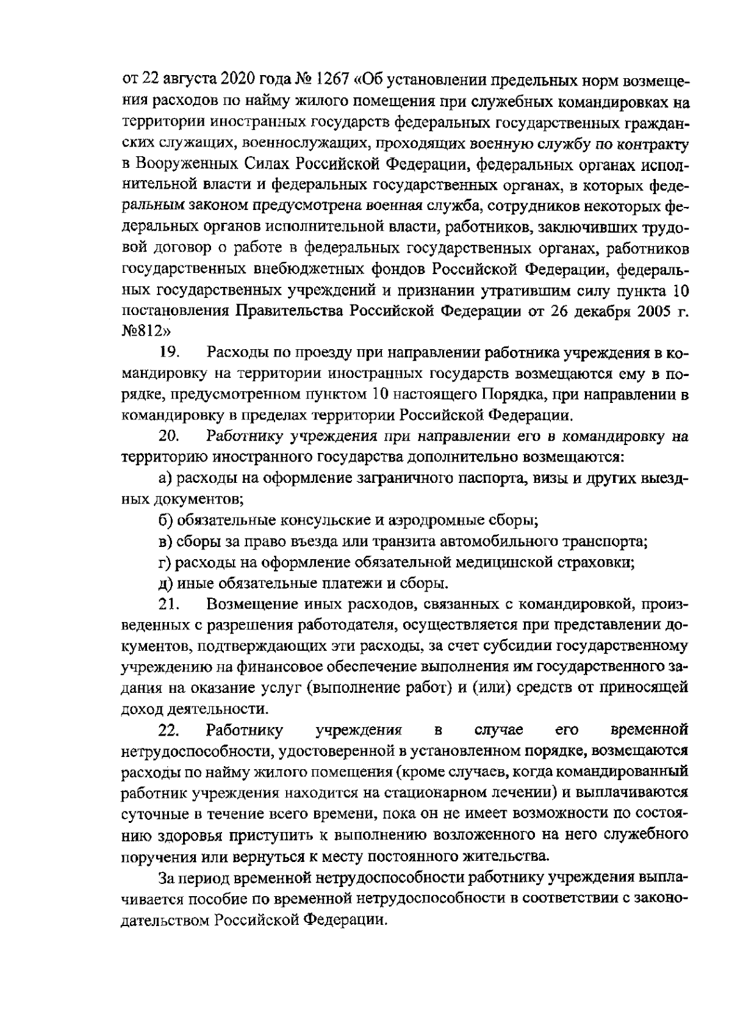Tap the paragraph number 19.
click(168, 353)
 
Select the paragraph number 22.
click(168, 729)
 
